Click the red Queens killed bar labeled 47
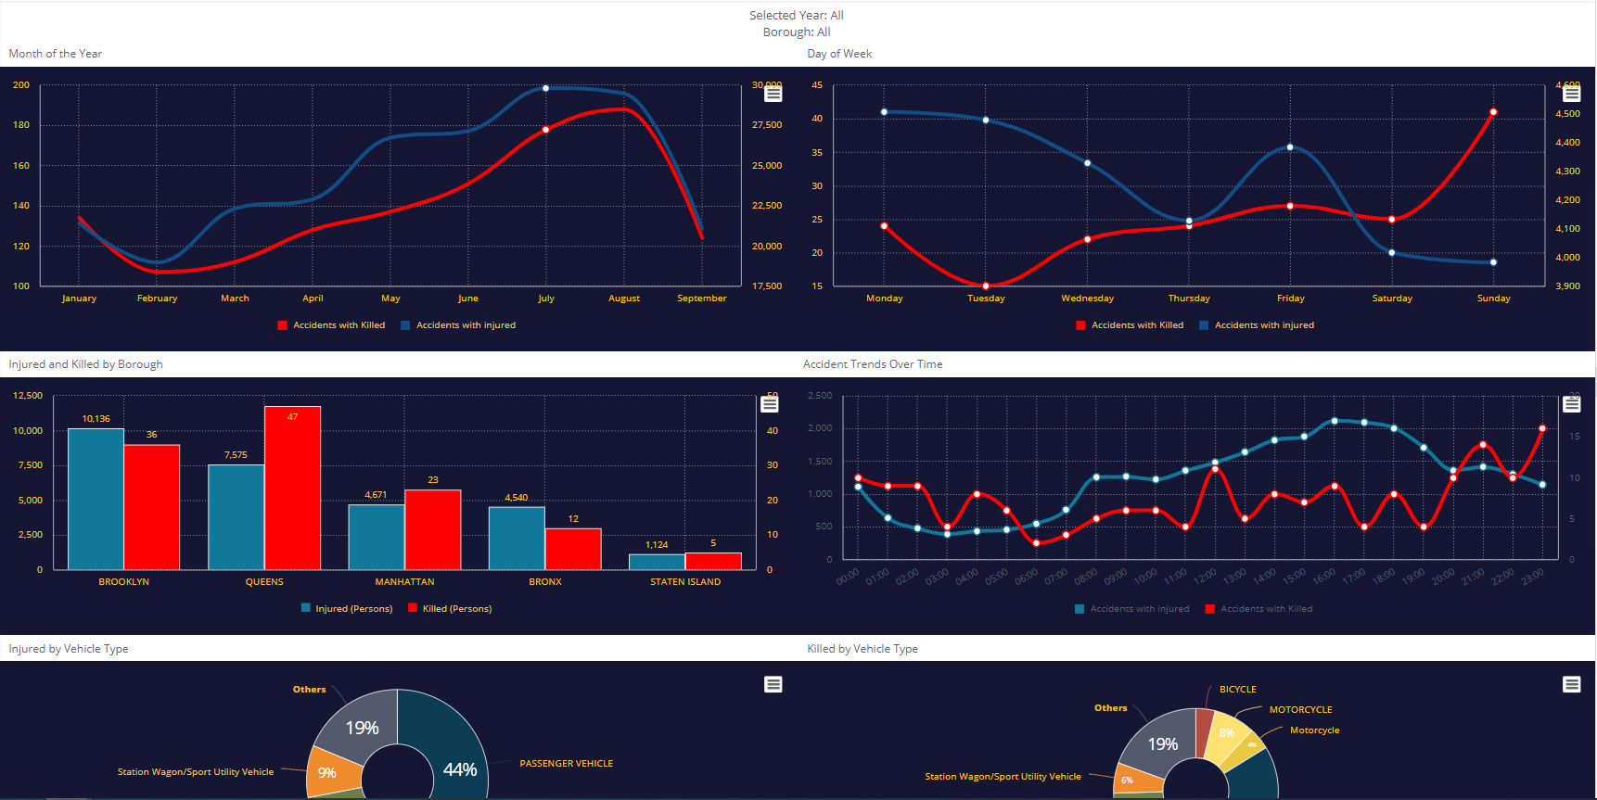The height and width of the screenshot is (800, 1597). point(292,489)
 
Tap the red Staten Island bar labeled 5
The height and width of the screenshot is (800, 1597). point(713,561)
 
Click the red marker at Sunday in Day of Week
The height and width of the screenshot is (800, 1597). point(1493,112)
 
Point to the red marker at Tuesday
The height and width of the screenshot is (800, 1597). point(986,286)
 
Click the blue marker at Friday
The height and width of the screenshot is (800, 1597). point(1290,147)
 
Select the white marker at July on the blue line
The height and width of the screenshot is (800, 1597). point(545,88)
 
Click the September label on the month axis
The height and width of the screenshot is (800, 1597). point(701,298)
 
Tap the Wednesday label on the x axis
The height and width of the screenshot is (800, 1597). point(1087,298)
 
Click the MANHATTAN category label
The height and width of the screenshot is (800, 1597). point(404,582)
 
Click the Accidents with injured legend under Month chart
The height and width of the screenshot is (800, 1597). point(465,325)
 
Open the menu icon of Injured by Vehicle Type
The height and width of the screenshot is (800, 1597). point(773,684)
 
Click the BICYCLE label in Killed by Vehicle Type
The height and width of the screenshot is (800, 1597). point(1237,690)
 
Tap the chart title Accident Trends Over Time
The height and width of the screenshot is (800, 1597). point(872,364)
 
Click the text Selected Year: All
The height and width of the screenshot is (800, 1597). point(796,16)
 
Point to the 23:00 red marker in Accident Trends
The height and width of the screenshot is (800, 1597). point(1542,429)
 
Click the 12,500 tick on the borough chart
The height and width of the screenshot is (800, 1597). point(28,396)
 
